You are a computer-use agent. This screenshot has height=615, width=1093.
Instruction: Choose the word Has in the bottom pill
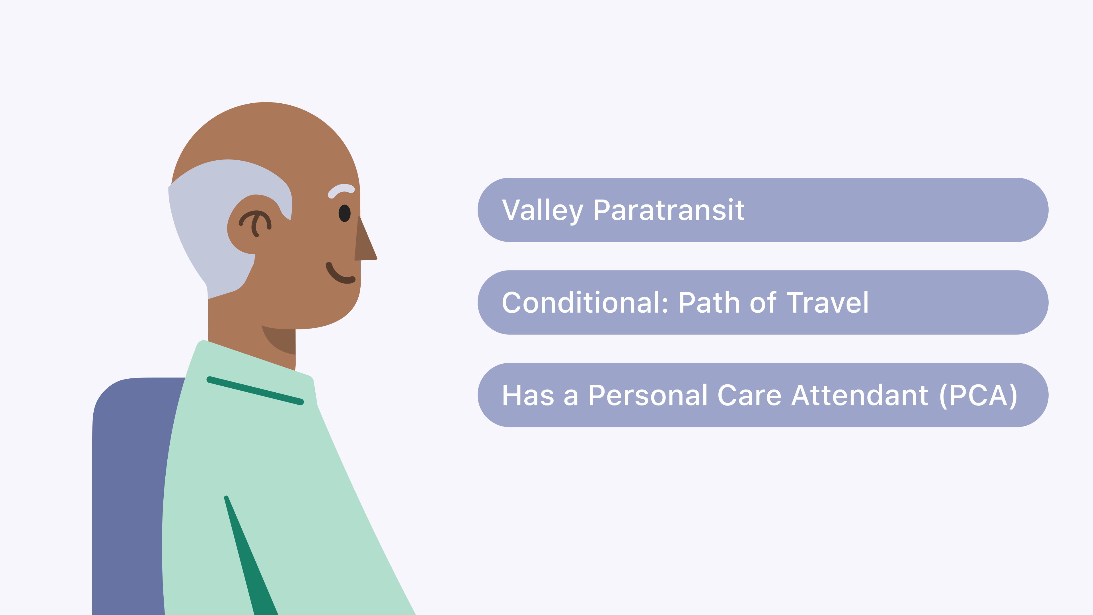528,395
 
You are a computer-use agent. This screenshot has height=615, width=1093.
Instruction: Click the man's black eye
344,213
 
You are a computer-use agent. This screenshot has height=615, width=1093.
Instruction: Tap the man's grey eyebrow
341,190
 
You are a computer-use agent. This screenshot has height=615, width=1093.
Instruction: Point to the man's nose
365,240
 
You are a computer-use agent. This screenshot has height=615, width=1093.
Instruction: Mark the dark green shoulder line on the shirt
255,390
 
